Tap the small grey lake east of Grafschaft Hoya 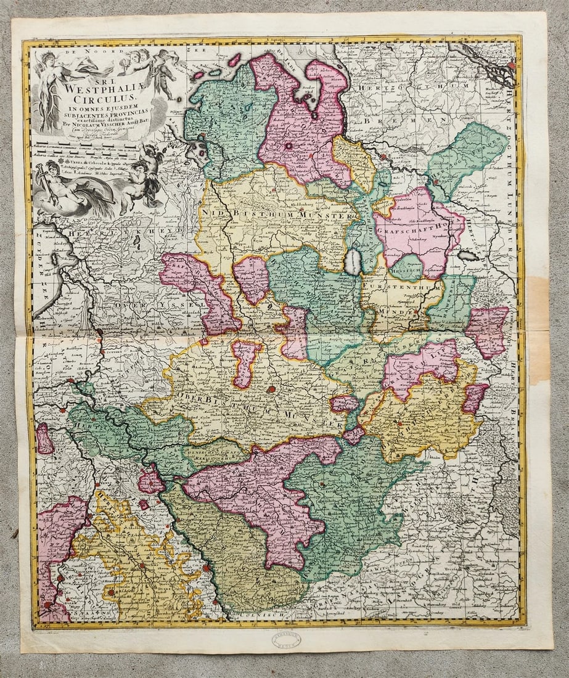(x=468, y=255)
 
